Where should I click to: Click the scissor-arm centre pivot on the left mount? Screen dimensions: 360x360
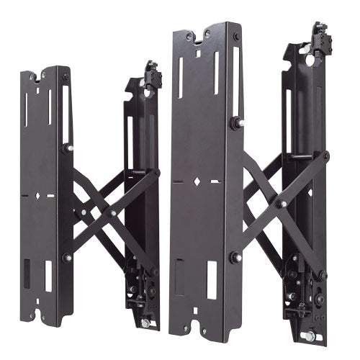112,212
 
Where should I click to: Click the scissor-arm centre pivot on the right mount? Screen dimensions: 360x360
283,204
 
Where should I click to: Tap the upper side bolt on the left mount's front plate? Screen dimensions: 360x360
67,148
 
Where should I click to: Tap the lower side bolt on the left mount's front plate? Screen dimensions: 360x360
67,257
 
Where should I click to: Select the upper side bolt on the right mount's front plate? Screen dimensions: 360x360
235,123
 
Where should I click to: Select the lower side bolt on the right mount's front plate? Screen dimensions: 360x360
235,256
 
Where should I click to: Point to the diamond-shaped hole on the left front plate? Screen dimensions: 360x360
34,194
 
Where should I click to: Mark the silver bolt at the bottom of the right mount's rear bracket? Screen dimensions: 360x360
310,336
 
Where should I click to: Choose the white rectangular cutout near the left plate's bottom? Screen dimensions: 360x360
49,276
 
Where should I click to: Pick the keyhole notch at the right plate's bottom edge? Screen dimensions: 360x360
197,333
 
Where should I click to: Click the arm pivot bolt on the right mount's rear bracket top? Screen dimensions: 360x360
325,155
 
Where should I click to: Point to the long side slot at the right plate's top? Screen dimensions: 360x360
215,76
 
